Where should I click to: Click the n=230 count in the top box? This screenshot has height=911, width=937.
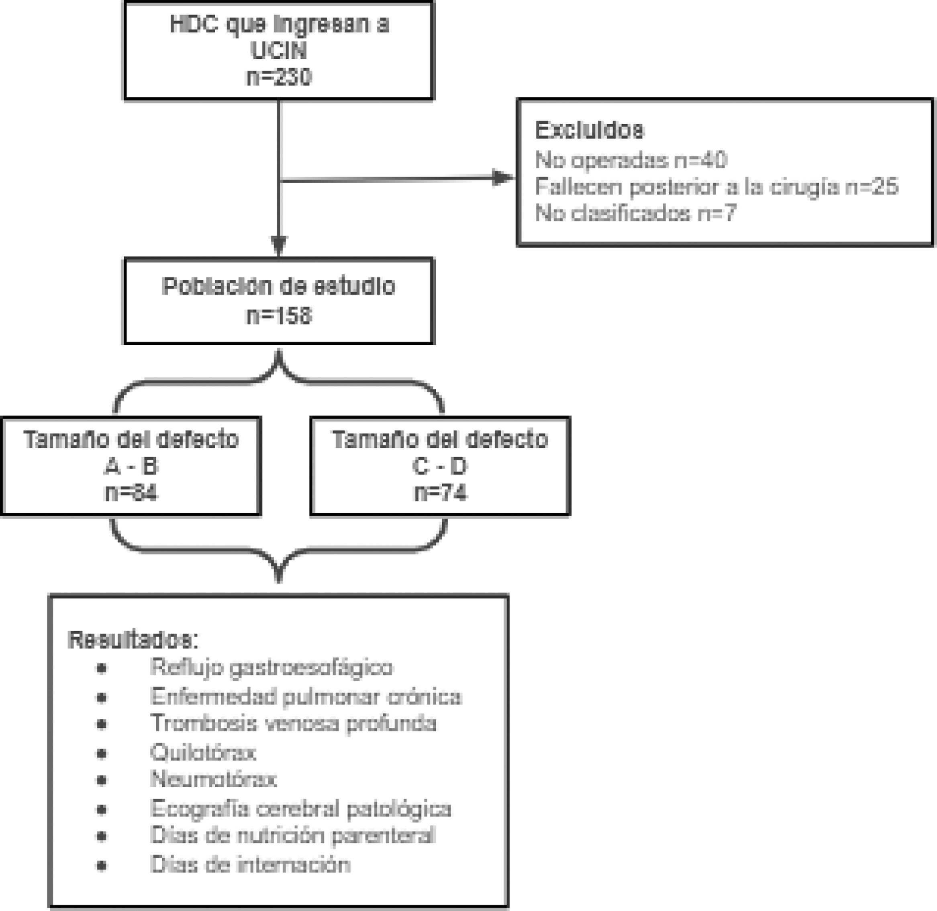point(279,77)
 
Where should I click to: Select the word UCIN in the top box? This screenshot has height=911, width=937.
point(279,51)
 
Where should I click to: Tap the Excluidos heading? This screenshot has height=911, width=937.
point(589,130)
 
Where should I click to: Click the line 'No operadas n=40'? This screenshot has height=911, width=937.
point(631,160)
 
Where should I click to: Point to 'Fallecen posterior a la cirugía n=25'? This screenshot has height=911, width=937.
point(717,186)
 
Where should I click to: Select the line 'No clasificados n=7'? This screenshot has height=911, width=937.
point(635,213)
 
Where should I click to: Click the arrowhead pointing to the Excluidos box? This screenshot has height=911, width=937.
point(502,178)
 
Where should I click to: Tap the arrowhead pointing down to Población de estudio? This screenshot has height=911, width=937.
point(279,246)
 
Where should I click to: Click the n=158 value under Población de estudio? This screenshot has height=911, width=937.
point(279,316)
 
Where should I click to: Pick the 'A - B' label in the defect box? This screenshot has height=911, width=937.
point(131,467)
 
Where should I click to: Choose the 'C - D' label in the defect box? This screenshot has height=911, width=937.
point(440,467)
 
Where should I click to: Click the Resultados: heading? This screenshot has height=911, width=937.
point(133,640)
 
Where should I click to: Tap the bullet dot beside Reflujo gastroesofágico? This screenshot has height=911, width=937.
point(101,668)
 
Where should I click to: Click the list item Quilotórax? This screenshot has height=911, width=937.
point(203,753)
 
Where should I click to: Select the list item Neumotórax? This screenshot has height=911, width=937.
point(213,780)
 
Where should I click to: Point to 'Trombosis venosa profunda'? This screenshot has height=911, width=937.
point(293,723)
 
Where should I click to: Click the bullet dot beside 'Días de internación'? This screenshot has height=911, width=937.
point(101,866)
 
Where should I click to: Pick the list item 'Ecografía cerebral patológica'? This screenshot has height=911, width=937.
point(300,809)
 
